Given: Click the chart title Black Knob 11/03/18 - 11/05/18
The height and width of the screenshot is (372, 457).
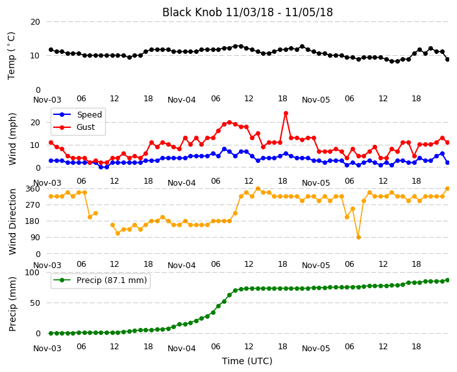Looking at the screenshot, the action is coord(247,12).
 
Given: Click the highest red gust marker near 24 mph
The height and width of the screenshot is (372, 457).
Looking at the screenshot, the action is coord(286,114).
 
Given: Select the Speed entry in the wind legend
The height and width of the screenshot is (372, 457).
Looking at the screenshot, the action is coord(77,114).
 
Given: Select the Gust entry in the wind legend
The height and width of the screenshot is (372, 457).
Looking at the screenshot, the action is coord(74,127).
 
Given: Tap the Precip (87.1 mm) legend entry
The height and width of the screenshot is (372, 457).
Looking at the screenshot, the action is coord(100,280).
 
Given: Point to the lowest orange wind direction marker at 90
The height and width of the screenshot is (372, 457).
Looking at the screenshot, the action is coord(358,238).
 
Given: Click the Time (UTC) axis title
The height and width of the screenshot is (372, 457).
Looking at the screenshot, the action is coord(247,361).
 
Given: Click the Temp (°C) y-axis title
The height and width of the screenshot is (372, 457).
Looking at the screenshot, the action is coord(12,56).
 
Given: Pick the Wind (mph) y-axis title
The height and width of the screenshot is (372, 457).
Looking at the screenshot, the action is coord(12,139).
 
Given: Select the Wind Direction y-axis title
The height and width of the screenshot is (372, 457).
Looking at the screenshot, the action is coord(12,222).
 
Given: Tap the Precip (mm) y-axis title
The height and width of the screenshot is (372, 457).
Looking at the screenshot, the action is coord(12,304).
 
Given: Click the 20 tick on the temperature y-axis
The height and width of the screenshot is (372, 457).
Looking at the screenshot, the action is coord(35,22).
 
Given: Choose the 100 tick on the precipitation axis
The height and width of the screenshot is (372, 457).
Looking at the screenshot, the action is coord(34,272).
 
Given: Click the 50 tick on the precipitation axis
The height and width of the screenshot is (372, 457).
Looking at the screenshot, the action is coord(35,303).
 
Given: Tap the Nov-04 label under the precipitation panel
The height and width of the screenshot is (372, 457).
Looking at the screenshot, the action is coord(182,349).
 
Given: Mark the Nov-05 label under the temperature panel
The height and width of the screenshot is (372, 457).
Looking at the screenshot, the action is coord(316,100).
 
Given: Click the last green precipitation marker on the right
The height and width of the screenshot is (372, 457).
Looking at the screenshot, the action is coord(448,280).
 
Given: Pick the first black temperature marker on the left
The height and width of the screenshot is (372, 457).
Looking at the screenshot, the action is coord(51,50).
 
